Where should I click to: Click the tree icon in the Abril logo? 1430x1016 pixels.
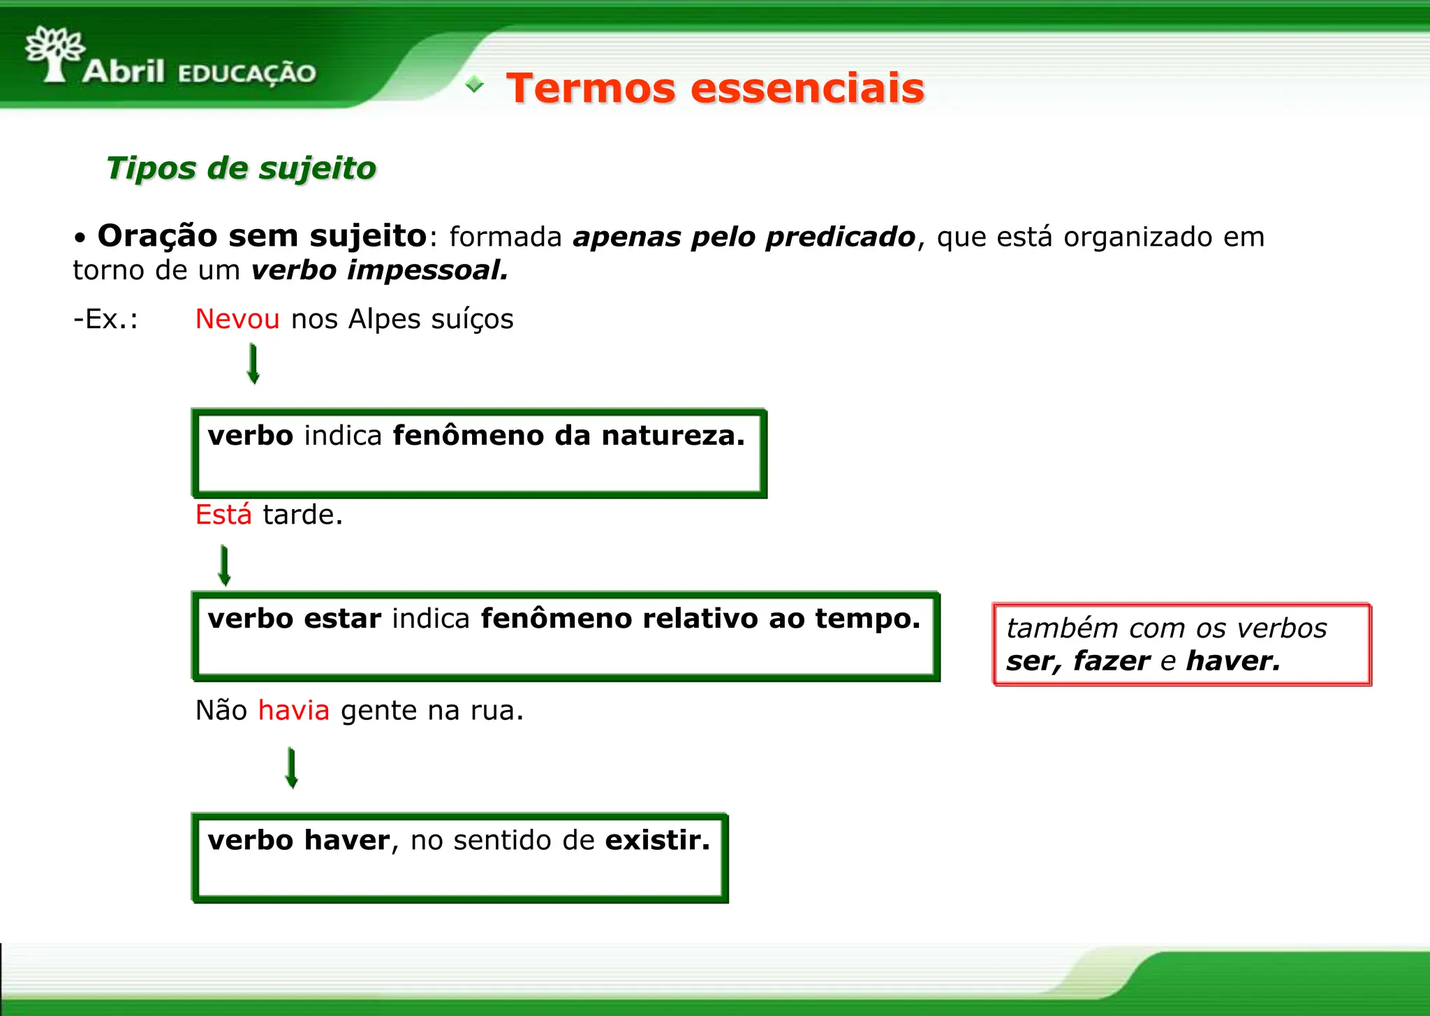(x=54, y=53)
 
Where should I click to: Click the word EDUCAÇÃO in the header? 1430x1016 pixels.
(x=247, y=73)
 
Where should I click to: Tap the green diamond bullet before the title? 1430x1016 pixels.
(x=475, y=84)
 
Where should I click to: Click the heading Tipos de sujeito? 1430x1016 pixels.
(x=241, y=168)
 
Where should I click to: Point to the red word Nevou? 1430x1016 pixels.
(x=237, y=319)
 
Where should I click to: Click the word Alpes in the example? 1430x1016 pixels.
(x=385, y=319)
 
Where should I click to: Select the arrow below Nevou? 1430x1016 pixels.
(x=253, y=364)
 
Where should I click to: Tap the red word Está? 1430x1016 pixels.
(x=223, y=515)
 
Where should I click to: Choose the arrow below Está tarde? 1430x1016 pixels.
(x=224, y=566)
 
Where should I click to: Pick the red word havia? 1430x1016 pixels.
(x=293, y=711)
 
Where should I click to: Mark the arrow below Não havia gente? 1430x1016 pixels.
(x=292, y=768)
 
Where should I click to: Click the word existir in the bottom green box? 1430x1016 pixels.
(x=656, y=840)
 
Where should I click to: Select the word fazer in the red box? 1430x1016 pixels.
(x=1112, y=661)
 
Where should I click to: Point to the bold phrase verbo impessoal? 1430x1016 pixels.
(x=380, y=270)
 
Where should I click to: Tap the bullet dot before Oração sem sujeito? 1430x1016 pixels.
(x=80, y=239)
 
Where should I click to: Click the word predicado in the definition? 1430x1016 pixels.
(x=841, y=237)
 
